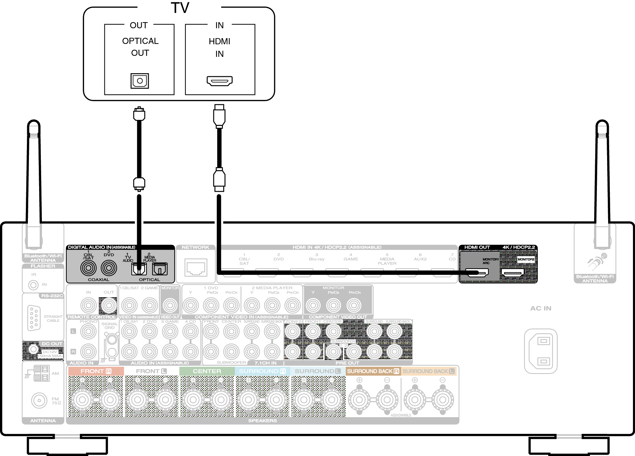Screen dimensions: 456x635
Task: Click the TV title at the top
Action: pyautogui.click(x=180, y=8)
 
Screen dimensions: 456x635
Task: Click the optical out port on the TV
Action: pyautogui.click(x=140, y=81)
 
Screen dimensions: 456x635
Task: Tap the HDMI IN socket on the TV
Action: pyautogui.click(x=219, y=81)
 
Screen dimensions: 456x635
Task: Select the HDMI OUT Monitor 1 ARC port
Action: pyautogui.click(x=476, y=272)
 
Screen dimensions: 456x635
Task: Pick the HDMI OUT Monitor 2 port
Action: pyautogui.click(x=512, y=272)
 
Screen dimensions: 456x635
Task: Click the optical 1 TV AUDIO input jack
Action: pyautogui.click(x=139, y=269)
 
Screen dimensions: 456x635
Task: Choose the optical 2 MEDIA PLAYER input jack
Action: pyautogui.click(x=160, y=269)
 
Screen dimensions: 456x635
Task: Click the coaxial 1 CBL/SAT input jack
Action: pyautogui.click(x=88, y=268)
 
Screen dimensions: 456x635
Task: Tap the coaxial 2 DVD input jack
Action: pyautogui.click(x=109, y=268)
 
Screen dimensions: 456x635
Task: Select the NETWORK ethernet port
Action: pyautogui.click(x=196, y=268)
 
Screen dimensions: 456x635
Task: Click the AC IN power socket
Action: pyautogui.click(x=540, y=351)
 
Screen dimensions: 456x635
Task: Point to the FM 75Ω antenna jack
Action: pyautogui.click(x=39, y=400)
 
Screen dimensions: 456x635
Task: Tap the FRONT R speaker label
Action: pyautogui.click(x=96, y=371)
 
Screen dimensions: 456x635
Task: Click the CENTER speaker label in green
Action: pyautogui.click(x=207, y=371)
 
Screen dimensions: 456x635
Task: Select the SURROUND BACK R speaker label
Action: pyautogui.click(x=373, y=371)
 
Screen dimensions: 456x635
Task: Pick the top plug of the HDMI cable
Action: pyautogui.click(x=219, y=116)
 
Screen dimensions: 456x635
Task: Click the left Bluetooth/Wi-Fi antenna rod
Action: pyautogui.click(x=34, y=177)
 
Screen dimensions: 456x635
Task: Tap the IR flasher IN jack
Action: pyautogui.click(x=33, y=285)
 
